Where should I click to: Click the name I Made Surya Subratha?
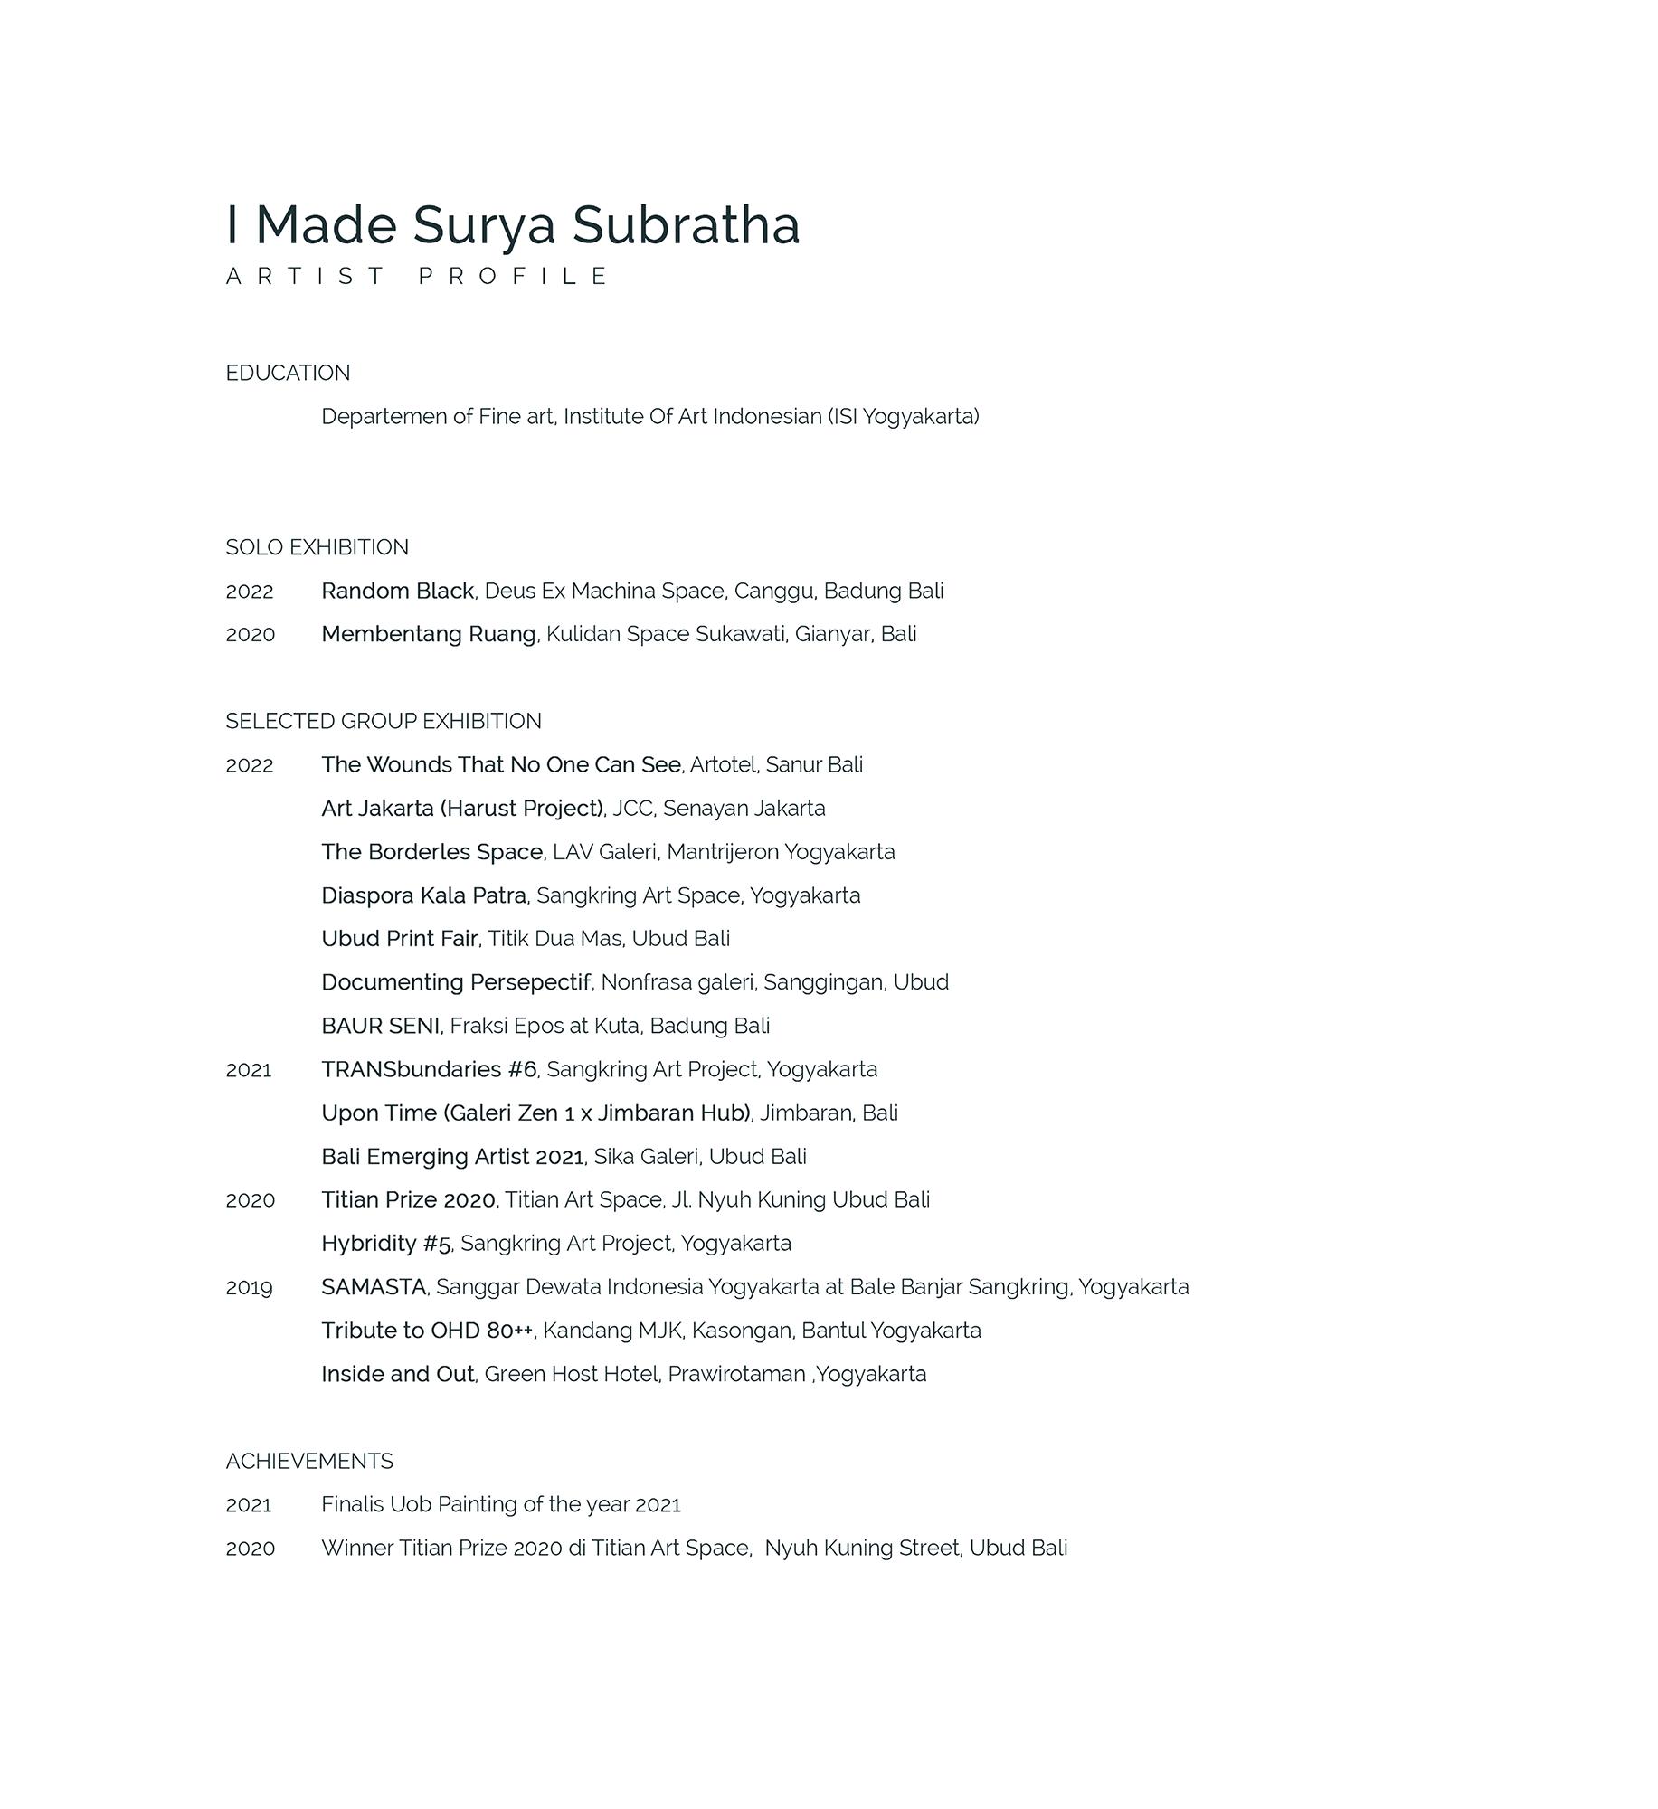(x=513, y=224)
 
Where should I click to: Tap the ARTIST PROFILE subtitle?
(x=418, y=276)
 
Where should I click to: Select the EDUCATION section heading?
(x=288, y=373)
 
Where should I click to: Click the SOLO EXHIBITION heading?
(x=317, y=547)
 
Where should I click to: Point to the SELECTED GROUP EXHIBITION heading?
(x=384, y=721)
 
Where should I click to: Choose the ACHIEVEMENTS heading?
(x=309, y=1461)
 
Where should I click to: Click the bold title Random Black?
(x=397, y=591)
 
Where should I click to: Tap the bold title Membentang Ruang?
(x=428, y=634)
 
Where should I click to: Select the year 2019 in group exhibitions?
(x=249, y=1287)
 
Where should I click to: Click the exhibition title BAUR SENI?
(x=380, y=1026)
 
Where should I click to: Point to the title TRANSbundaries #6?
(x=429, y=1069)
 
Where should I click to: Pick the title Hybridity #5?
(x=385, y=1244)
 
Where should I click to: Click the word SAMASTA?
(x=374, y=1286)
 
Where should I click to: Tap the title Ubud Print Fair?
(x=399, y=939)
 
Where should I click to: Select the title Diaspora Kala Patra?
(x=423, y=895)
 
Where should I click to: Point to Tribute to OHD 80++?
(x=427, y=1331)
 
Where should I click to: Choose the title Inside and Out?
(x=397, y=1374)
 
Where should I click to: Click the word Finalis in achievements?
(x=352, y=1504)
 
